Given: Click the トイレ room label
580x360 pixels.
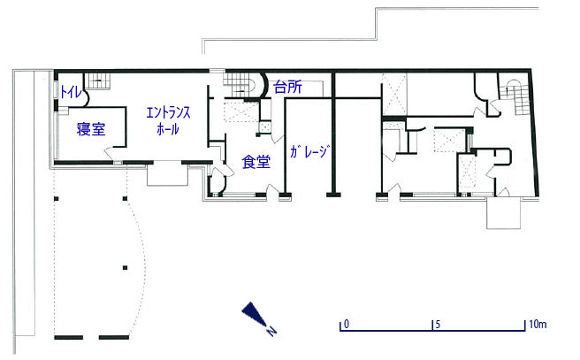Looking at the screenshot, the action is [x=70, y=92].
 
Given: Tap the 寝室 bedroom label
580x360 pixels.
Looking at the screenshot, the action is [x=91, y=129].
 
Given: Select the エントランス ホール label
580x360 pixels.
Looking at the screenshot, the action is [x=168, y=120].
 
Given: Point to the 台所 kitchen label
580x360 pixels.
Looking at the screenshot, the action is [x=287, y=88].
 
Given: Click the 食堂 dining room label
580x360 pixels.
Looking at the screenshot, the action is [x=256, y=162].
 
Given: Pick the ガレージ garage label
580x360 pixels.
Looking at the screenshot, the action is [x=309, y=152].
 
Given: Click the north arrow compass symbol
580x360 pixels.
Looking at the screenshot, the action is [x=259, y=318].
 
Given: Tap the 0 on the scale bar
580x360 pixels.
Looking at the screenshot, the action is [x=347, y=325].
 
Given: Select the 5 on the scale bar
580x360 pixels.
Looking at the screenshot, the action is [x=438, y=325].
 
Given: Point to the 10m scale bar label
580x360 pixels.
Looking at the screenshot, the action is [x=538, y=325].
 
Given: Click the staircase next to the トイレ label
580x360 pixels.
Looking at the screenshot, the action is [x=98, y=80].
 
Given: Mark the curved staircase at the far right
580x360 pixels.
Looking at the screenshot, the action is [x=516, y=96].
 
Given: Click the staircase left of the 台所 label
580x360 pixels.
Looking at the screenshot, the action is [x=240, y=85].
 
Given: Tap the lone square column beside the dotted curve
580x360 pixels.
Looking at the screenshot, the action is [x=125, y=267].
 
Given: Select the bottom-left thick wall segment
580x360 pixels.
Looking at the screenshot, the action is [x=68, y=337].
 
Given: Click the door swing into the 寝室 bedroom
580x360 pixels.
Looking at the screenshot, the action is [x=110, y=152].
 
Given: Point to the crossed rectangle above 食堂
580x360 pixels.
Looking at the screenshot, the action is [x=242, y=111].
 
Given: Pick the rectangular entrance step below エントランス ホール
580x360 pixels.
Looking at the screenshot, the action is [x=168, y=174].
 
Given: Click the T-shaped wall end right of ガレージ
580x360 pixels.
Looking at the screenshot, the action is [x=333, y=195].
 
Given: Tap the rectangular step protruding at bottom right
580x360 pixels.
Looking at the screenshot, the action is [x=503, y=213].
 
